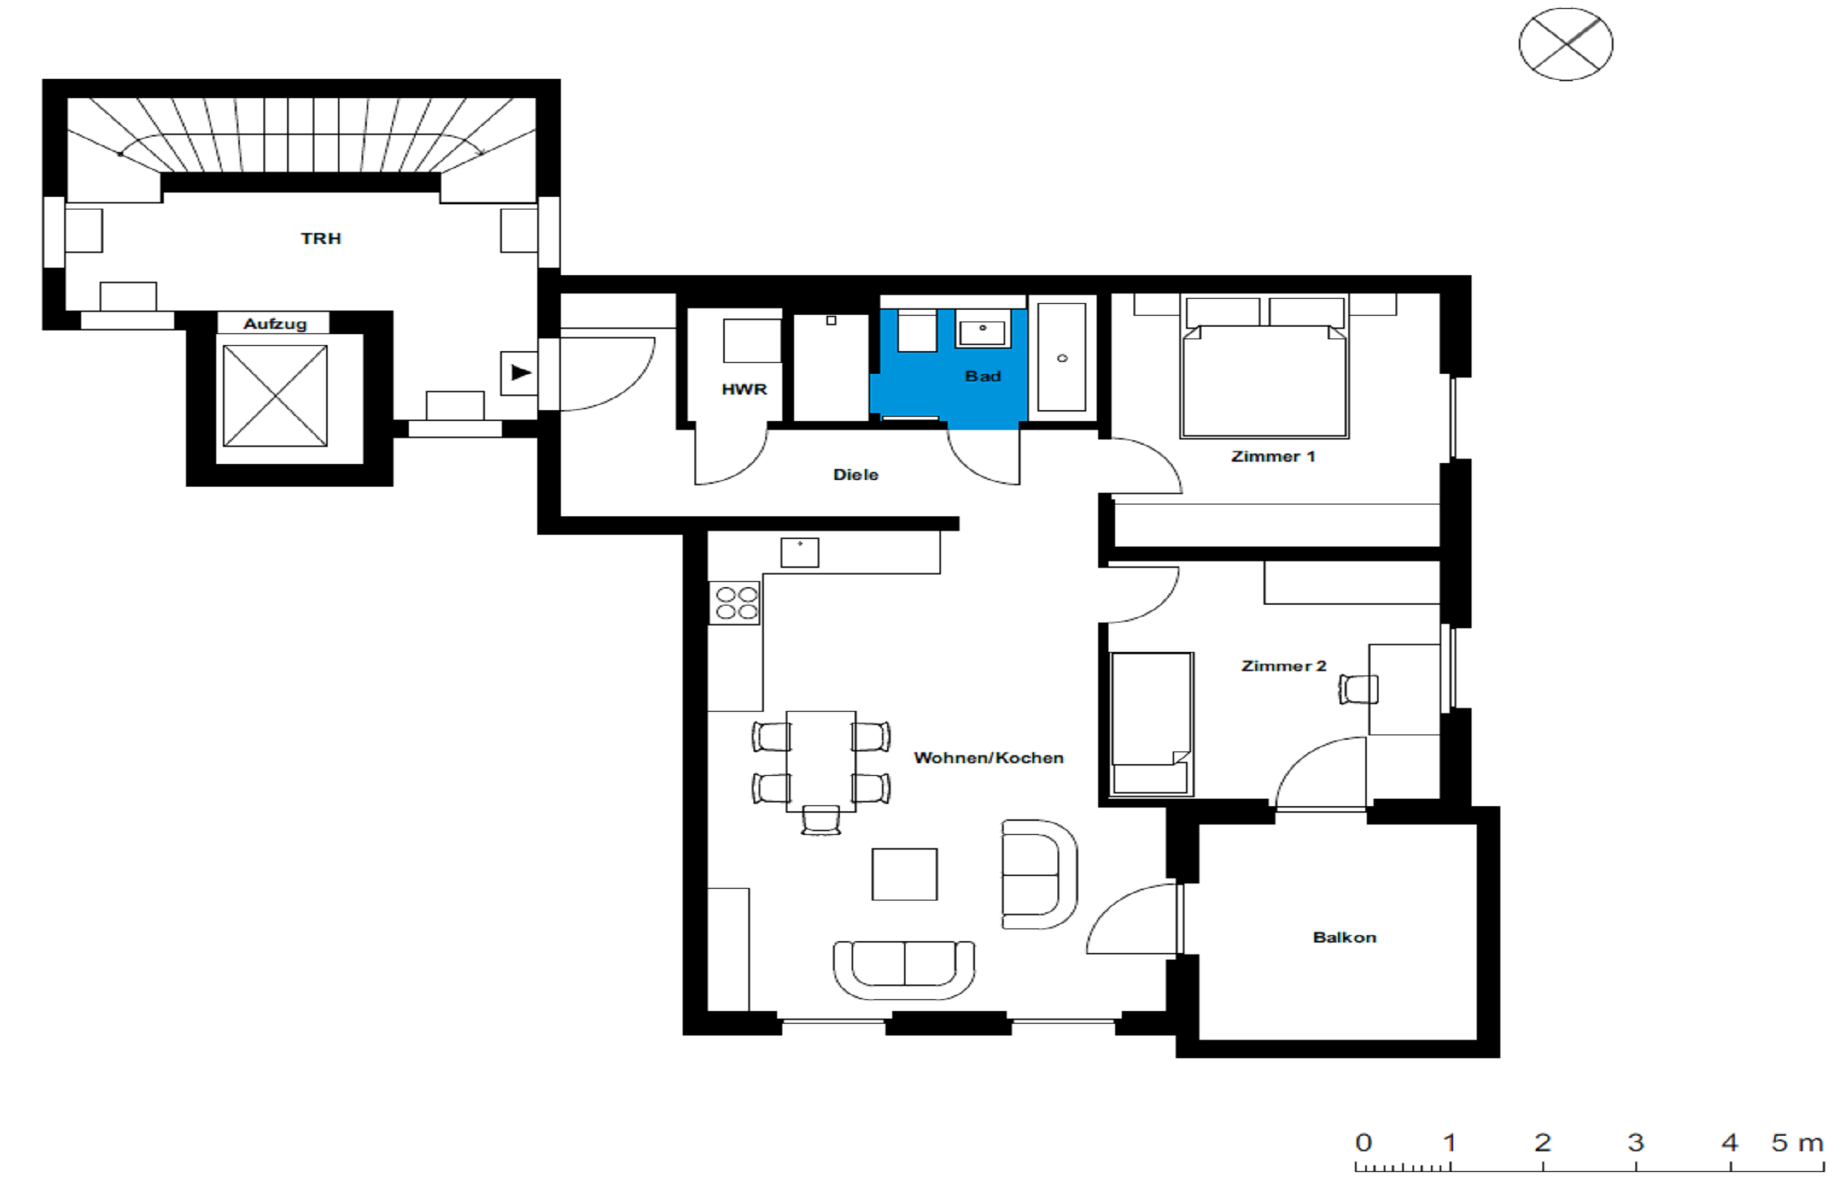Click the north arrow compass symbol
[x=1565, y=44]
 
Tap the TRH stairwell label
[x=320, y=238]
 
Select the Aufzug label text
[x=275, y=324]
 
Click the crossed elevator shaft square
[x=275, y=395]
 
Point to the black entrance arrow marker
[x=521, y=373]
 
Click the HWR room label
[x=743, y=389]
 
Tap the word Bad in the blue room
[x=983, y=376]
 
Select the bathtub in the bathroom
[x=1062, y=357]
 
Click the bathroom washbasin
[x=982, y=329]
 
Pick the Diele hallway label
[x=855, y=475]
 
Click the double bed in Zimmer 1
[x=1264, y=367]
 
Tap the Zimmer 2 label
[x=1283, y=666]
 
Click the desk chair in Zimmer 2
[x=1358, y=689]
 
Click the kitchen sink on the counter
[x=799, y=552]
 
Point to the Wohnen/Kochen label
[x=988, y=758]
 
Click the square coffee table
[x=905, y=873]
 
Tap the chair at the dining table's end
[x=820, y=819]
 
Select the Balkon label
[x=1345, y=937]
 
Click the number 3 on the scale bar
[x=1635, y=1142]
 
